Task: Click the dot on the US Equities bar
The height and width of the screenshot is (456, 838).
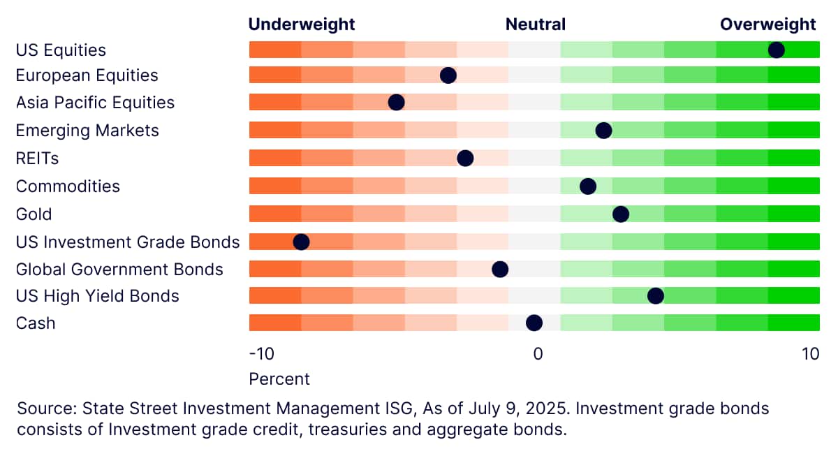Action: [777, 50]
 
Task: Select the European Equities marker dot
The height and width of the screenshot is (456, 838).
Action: [448, 75]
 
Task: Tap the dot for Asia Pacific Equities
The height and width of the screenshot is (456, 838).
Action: [396, 102]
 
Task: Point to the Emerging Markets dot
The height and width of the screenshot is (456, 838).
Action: [603, 131]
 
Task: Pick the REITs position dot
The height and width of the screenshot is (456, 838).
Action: [465, 159]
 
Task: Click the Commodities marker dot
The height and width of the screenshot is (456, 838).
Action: [588, 186]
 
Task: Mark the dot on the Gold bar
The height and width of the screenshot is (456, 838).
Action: [621, 214]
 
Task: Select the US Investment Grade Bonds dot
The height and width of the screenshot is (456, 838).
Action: [301, 242]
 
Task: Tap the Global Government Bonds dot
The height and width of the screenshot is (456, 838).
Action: [500, 270]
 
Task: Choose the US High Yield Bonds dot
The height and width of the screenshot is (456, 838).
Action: [656, 296]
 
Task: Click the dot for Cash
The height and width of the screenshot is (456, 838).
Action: [534, 323]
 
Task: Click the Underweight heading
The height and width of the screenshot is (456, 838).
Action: [302, 24]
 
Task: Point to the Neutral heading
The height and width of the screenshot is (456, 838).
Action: [536, 24]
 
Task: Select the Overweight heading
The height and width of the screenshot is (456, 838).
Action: [767, 24]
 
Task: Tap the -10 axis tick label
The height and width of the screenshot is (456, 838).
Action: [261, 354]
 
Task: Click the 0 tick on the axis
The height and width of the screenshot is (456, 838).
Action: [538, 354]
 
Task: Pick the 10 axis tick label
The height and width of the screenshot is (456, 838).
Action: [810, 354]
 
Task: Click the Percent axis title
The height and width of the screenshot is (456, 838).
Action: [279, 379]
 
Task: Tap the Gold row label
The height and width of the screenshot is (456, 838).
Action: [34, 214]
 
